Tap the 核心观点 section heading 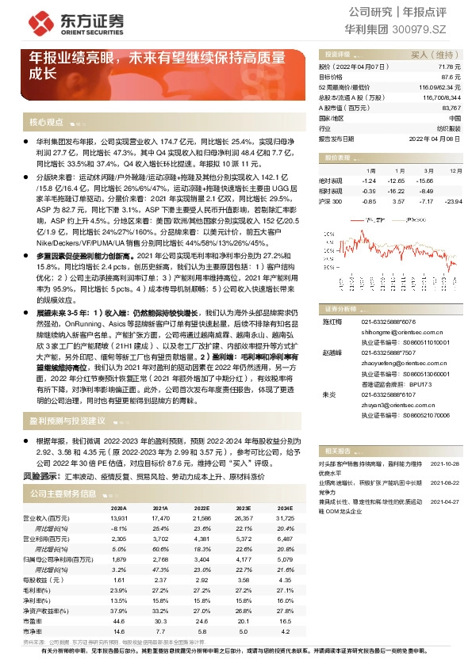46,122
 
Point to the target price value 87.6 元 451,77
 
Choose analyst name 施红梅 329,322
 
